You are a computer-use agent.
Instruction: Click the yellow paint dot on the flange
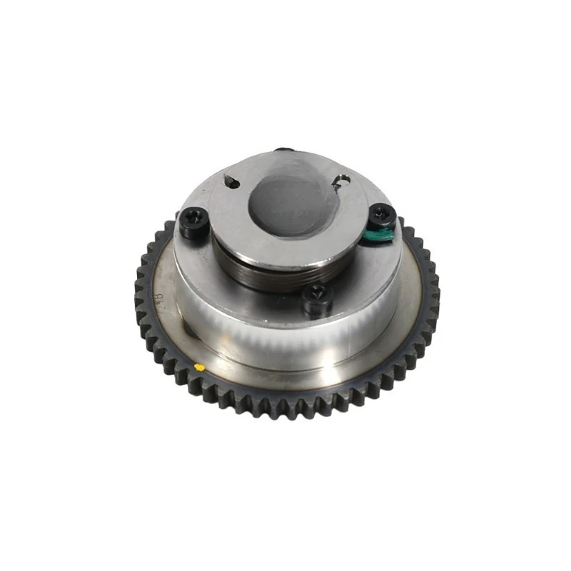[x=200, y=368]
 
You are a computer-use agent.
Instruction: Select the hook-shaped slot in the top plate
[x=341, y=183]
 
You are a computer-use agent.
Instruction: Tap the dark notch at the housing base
[x=187, y=330]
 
